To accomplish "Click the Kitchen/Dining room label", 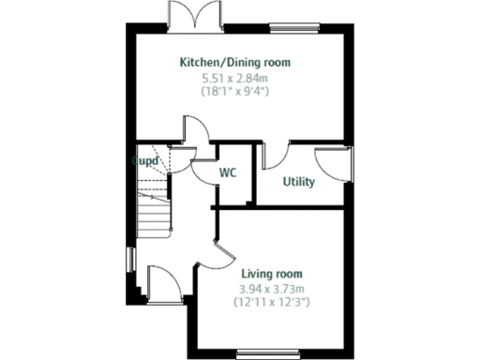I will pos(235,63).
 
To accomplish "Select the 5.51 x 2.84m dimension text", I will pos(235,78).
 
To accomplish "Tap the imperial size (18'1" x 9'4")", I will pos(235,92).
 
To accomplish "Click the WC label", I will pos(228,173).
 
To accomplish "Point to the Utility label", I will pos(299,182).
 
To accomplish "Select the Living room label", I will pos(272,274).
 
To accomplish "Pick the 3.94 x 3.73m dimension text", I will pos(272,289).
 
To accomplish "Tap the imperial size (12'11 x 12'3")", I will pos(272,303).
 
